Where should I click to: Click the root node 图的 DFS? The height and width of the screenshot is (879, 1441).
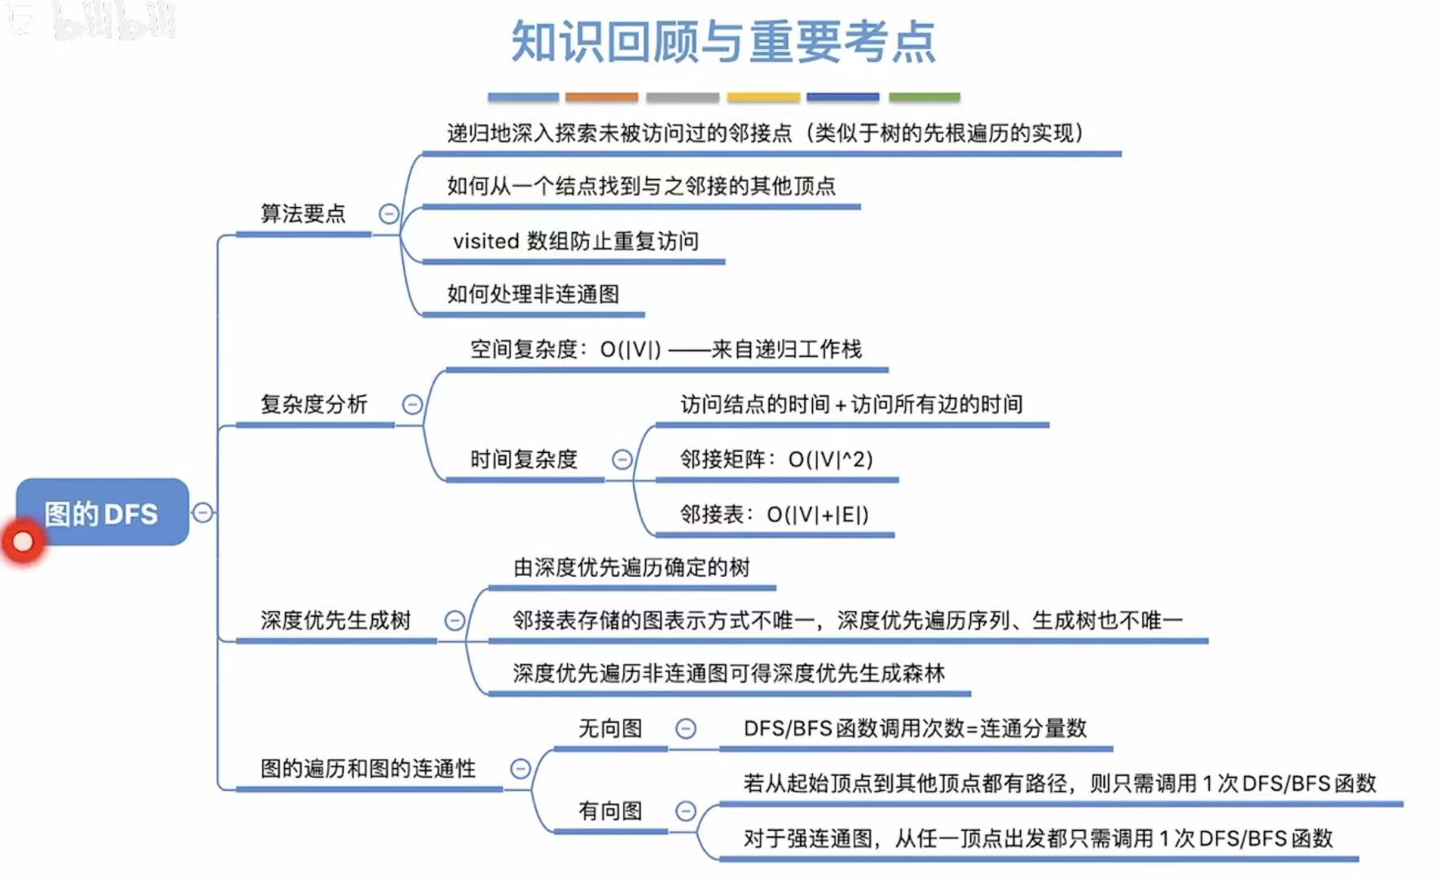pyautogui.click(x=102, y=513)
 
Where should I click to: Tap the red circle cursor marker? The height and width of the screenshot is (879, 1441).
pyautogui.click(x=23, y=541)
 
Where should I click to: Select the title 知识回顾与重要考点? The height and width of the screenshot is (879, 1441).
pyautogui.click(x=723, y=42)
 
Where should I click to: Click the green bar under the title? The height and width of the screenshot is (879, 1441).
pyautogui.click(x=924, y=97)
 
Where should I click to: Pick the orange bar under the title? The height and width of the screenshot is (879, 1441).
pyautogui.click(x=601, y=97)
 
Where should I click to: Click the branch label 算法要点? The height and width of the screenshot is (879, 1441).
pyautogui.click(x=303, y=213)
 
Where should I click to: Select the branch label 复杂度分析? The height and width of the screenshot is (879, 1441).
pyautogui.click(x=314, y=404)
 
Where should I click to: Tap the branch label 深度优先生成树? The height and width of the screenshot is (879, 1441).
pyautogui.click(x=336, y=621)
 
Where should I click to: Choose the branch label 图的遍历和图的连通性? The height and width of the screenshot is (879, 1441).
pyautogui.click(x=367, y=768)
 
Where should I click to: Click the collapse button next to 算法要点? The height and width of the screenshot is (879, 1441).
pyautogui.click(x=389, y=213)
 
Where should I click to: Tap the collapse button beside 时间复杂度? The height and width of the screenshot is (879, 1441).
pyautogui.click(x=622, y=459)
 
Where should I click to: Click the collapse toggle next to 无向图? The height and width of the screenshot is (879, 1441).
pyautogui.click(x=686, y=728)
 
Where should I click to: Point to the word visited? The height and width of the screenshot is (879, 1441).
pyautogui.click(x=486, y=241)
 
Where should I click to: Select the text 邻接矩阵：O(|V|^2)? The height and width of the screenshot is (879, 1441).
pyautogui.click(x=776, y=459)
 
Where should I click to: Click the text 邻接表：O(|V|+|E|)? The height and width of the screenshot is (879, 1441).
pyautogui.click(x=774, y=514)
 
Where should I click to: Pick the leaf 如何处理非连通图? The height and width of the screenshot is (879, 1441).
pyautogui.click(x=533, y=294)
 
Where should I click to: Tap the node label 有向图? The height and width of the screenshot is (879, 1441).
pyautogui.click(x=610, y=811)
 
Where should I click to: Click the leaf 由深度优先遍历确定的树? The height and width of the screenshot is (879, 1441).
pyautogui.click(x=631, y=568)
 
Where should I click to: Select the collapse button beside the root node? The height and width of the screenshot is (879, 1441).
pyautogui.click(x=202, y=512)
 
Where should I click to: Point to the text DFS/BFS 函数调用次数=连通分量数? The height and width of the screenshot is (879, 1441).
pyautogui.click(x=915, y=728)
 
